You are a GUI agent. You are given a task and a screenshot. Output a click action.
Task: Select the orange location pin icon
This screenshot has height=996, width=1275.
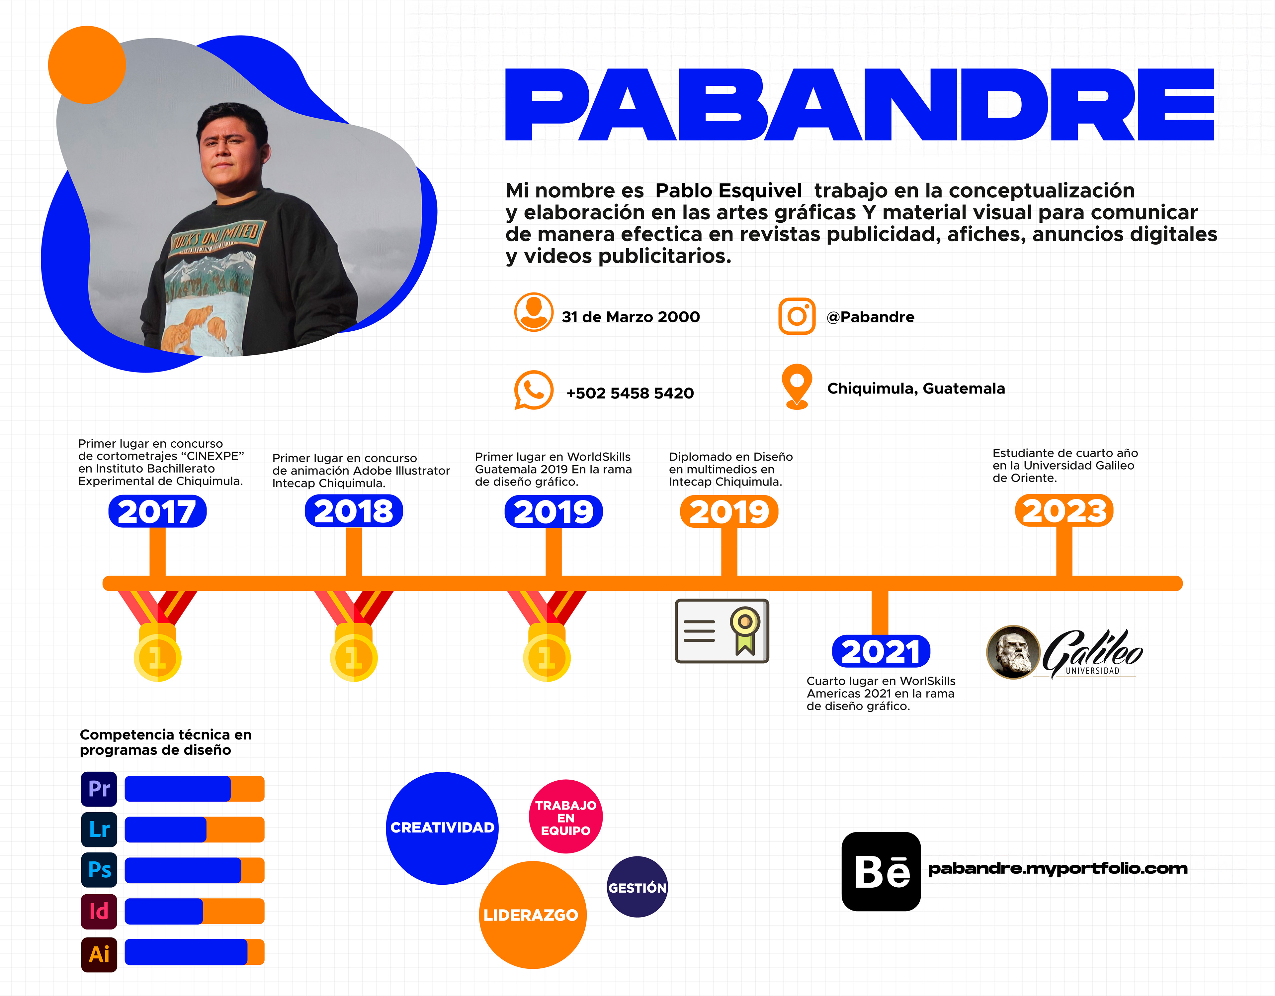click(x=797, y=386)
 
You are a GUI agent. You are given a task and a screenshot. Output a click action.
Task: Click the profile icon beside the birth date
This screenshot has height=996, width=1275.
click(x=534, y=312)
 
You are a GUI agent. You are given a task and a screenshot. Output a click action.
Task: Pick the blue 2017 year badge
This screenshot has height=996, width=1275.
click(x=157, y=512)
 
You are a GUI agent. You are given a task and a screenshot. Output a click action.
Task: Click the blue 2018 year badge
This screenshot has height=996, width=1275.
click(x=354, y=512)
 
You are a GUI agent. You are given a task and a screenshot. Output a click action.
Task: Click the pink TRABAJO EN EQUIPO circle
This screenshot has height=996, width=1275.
click(x=566, y=817)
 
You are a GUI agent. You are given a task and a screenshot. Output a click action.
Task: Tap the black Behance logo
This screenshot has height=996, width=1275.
click(x=881, y=871)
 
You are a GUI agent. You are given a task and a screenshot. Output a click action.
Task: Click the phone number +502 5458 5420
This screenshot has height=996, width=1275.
click(x=630, y=393)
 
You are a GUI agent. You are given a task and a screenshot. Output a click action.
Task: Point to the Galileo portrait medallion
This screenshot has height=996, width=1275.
click(x=1013, y=652)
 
